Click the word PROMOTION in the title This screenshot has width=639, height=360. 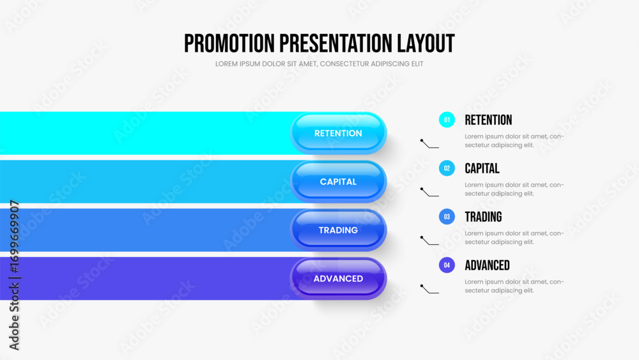(229, 43)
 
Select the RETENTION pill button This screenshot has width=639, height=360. (338, 133)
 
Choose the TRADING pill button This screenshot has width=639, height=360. (338, 230)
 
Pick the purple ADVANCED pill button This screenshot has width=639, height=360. (338, 278)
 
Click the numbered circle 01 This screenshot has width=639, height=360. (447, 120)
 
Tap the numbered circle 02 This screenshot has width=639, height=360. (447, 168)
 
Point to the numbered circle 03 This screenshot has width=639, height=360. (447, 217)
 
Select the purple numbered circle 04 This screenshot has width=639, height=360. (447, 265)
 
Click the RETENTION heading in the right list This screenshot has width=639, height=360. (488, 120)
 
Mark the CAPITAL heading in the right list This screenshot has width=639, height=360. (482, 168)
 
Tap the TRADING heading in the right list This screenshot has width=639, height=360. (483, 217)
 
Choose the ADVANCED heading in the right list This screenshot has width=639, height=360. (488, 265)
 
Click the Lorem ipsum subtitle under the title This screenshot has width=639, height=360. (319, 64)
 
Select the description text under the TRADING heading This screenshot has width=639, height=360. (514, 238)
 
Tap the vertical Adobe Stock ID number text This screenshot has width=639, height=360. (14, 237)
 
